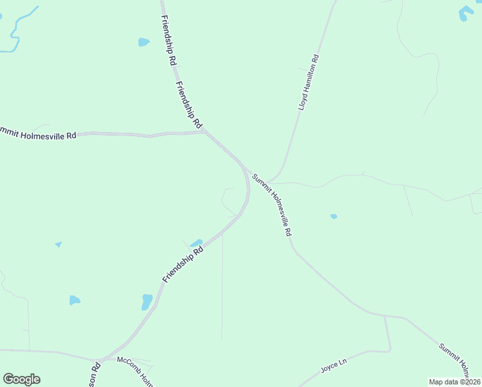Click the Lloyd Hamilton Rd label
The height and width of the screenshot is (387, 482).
(309, 83)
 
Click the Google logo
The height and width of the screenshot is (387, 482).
(21, 379)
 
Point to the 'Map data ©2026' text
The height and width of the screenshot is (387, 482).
(454, 382)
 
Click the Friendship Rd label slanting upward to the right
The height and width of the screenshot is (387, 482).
(183, 263)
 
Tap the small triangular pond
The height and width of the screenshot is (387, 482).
(59, 244)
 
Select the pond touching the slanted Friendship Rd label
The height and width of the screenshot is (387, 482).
(197, 243)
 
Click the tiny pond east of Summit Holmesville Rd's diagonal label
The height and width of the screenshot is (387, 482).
(334, 217)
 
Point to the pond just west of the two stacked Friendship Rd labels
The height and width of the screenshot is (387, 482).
(143, 43)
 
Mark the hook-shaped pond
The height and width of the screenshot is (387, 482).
(465, 12)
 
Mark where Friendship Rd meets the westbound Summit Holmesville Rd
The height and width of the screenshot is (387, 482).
(204, 132)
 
